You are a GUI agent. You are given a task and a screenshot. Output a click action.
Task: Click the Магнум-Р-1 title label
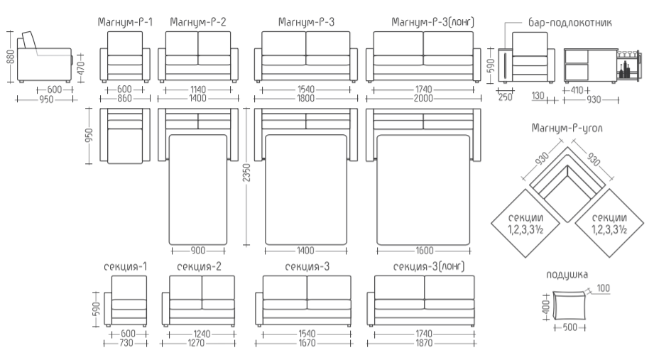pos(125,22)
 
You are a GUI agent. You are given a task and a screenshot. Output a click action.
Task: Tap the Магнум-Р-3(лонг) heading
pos(432,22)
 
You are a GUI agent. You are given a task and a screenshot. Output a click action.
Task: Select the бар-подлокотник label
pos(569,23)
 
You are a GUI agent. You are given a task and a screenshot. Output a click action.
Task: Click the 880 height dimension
pos(11,56)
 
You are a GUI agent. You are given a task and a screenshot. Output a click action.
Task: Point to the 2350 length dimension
pos(246,173)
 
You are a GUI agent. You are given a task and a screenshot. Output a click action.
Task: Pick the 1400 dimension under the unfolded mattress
pos(305,251)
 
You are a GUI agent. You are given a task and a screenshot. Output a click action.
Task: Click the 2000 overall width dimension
pos(423,99)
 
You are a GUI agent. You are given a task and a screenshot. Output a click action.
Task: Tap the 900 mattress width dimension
pos(197,251)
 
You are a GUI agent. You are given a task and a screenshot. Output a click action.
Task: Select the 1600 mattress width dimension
pos(424,251)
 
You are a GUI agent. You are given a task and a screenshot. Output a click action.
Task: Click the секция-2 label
pos(199,267)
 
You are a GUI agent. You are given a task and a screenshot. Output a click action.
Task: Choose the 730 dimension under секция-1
pos(126,344)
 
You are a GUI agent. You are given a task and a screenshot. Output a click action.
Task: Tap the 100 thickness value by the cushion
pos(603,288)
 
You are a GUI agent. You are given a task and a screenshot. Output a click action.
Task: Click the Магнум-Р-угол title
pos(567,129)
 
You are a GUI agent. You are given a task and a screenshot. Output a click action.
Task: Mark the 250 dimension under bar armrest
pos(505,97)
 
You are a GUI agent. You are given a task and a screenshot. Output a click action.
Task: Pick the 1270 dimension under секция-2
pos(196,344)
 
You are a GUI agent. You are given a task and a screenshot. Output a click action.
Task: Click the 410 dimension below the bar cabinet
pos(577,89)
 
